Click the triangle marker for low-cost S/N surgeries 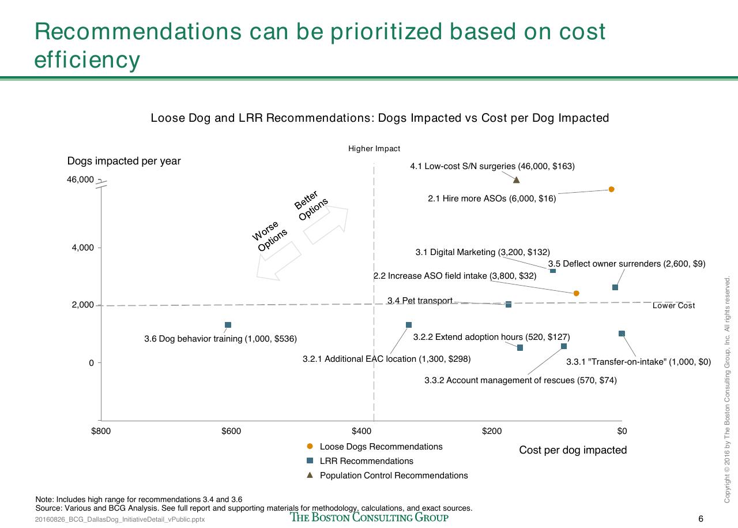[517, 179]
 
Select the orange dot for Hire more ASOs [612, 189]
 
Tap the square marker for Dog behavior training [228, 325]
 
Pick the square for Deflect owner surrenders [615, 287]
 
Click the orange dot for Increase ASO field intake [576, 293]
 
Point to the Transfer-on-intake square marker [622, 334]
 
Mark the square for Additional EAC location [409, 325]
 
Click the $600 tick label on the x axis [231, 431]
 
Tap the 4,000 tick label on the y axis [82, 248]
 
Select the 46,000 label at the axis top [80, 179]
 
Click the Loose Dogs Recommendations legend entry [375, 447]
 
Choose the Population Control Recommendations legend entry [387, 475]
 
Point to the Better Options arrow [326, 225]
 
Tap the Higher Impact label [374, 149]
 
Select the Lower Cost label [674, 305]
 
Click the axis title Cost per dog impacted [573, 450]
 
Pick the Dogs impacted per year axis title [124, 161]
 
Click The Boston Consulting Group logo [369, 517]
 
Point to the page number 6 [701, 519]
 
